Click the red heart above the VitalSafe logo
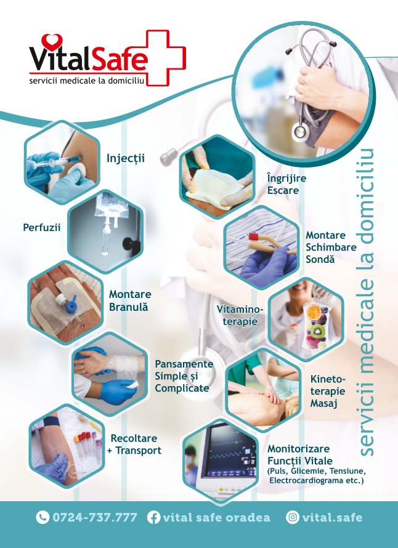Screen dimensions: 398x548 point(52,41)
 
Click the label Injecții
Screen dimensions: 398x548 point(126,158)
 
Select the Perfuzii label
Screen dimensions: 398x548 point(42,228)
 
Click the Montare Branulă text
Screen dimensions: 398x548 point(130,300)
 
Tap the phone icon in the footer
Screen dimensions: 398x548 point(43,517)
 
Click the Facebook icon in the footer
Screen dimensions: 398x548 point(153,517)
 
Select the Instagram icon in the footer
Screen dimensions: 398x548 point(293,517)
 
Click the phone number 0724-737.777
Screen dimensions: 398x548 point(95,517)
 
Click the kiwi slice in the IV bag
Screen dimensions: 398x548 point(317,330)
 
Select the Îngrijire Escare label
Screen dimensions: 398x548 point(286,184)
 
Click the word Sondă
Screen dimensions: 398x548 point(320,259)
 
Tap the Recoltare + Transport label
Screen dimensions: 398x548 point(134,444)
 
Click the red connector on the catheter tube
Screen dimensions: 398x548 point(253,237)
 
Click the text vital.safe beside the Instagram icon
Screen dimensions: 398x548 point(332,517)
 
